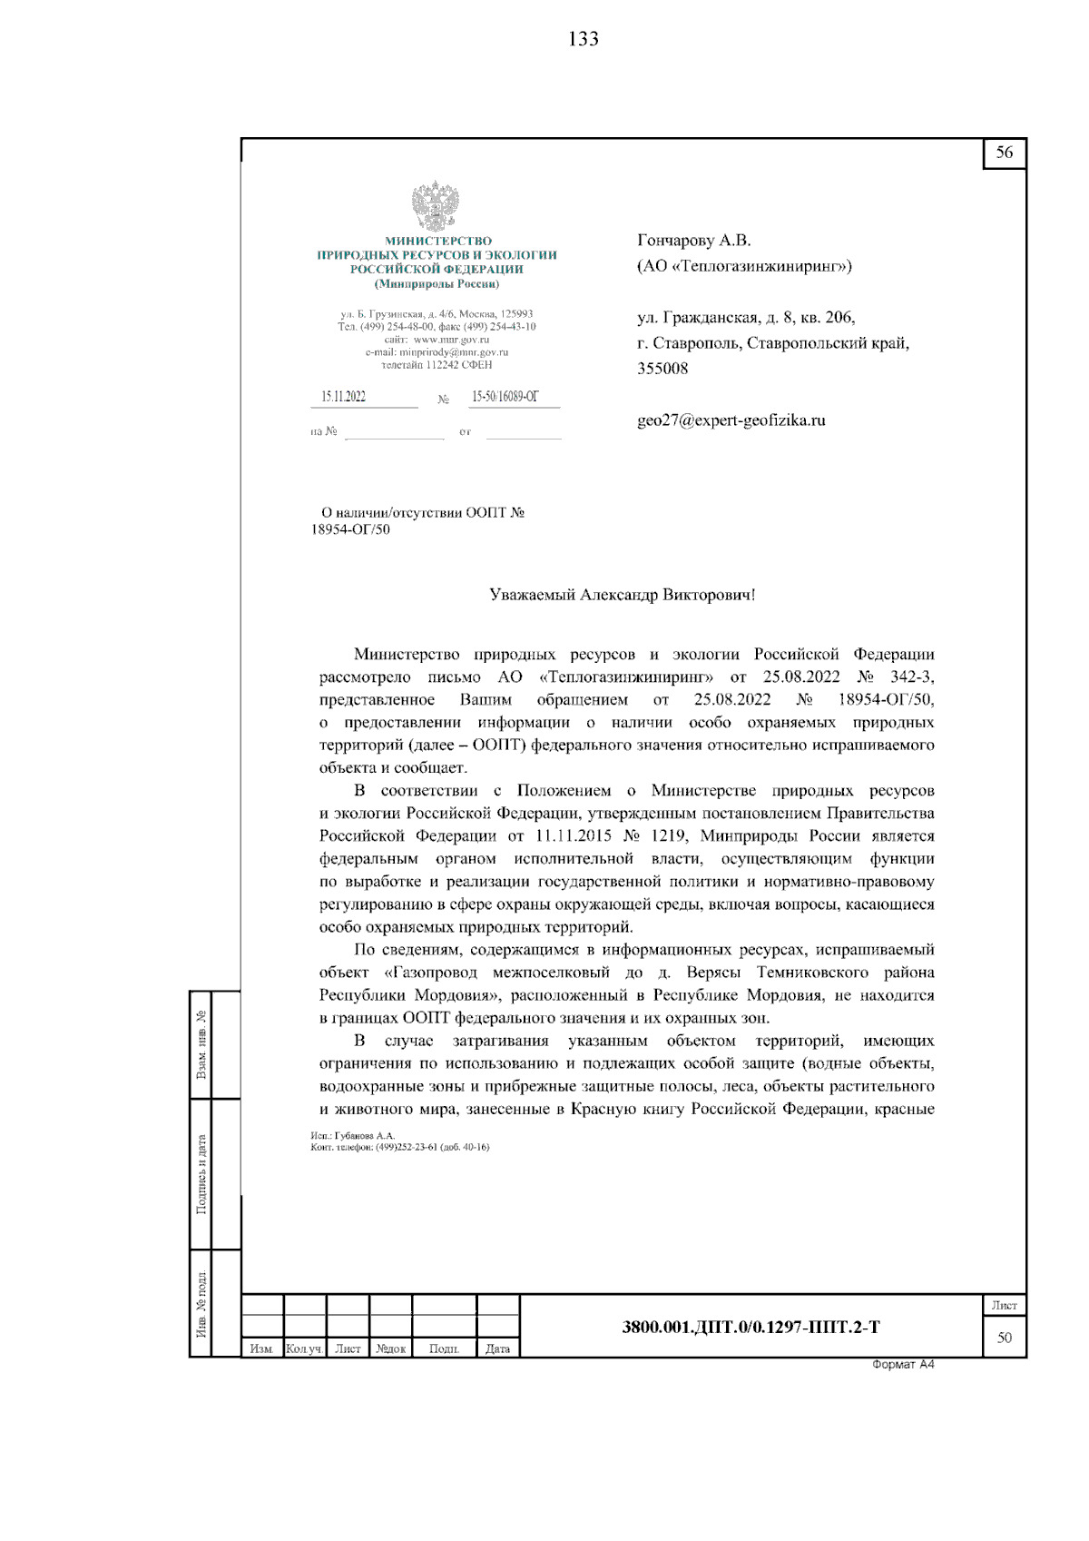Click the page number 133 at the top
[583, 39]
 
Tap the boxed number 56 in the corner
[1004, 153]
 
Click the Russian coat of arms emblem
[436, 205]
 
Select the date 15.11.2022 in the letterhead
[344, 397]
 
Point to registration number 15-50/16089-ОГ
[505, 397]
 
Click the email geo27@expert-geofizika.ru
[731, 420]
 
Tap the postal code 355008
[662, 369]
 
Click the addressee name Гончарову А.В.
[694, 241]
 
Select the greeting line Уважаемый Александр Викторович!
[622, 596]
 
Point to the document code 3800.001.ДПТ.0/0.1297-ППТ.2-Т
[751, 1328]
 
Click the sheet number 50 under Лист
[1004, 1338]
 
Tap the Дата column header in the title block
[497, 1349]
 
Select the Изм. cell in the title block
[261, 1349]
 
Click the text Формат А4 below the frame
[902, 1365]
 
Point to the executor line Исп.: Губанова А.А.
[353, 1136]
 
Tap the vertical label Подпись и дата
[201, 1174]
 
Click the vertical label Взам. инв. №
[201, 1044]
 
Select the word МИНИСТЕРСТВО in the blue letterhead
[438, 242]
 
